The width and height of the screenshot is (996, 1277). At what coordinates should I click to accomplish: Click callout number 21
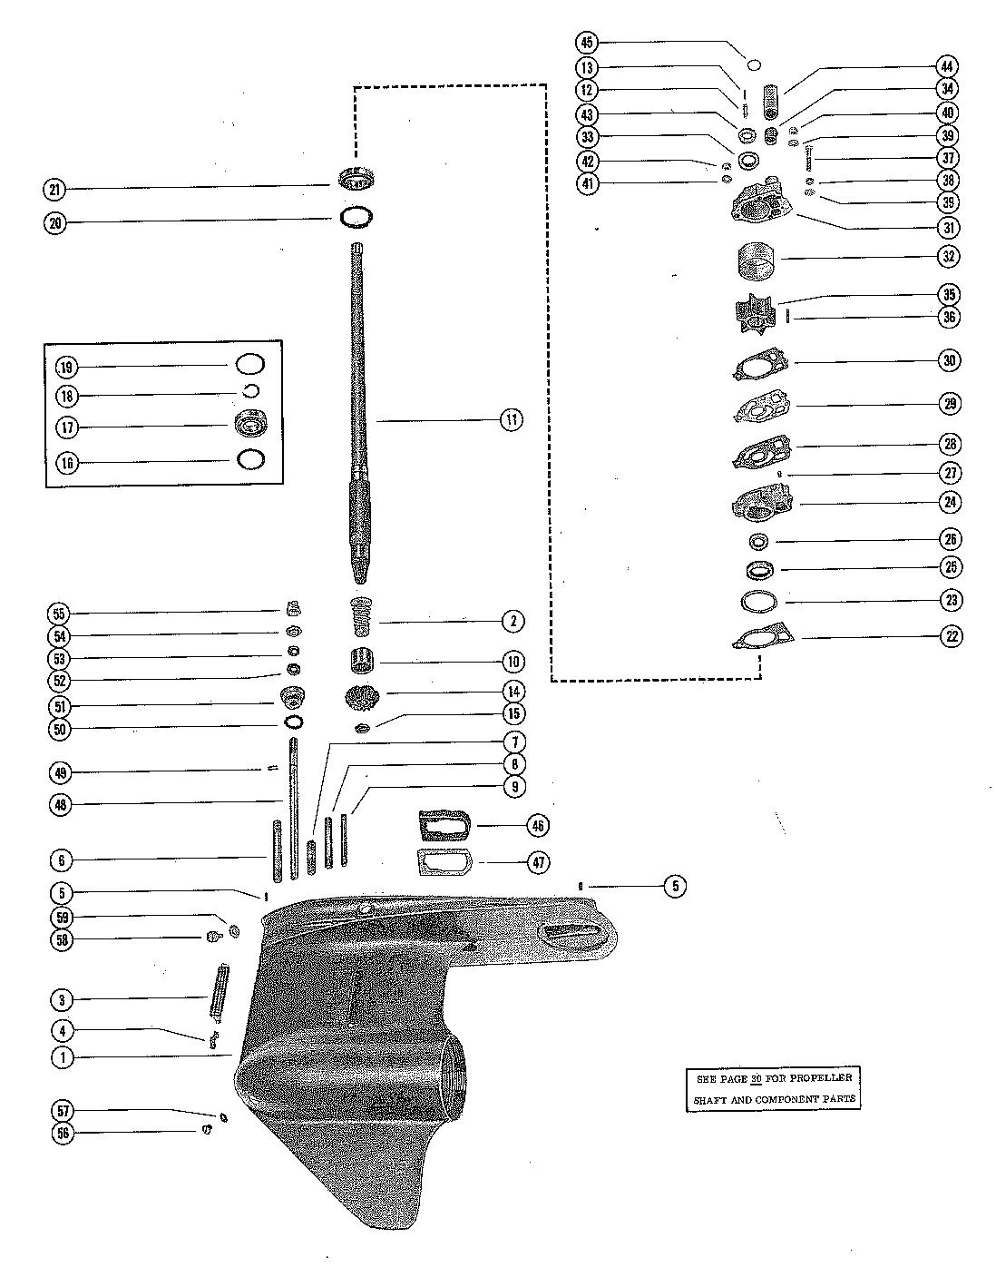[56, 189]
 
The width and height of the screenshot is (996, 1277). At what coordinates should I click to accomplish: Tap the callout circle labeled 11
[512, 419]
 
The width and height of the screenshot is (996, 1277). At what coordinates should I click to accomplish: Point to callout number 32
[948, 257]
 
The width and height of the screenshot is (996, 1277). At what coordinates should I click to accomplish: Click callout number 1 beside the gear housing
[63, 1056]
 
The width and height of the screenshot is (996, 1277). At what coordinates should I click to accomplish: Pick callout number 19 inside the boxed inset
[66, 367]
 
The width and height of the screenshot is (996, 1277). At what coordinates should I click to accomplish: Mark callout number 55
[63, 614]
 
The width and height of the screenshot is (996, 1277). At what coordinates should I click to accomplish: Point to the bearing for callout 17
[251, 426]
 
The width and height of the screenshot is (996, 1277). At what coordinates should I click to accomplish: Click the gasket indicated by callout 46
[442, 826]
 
